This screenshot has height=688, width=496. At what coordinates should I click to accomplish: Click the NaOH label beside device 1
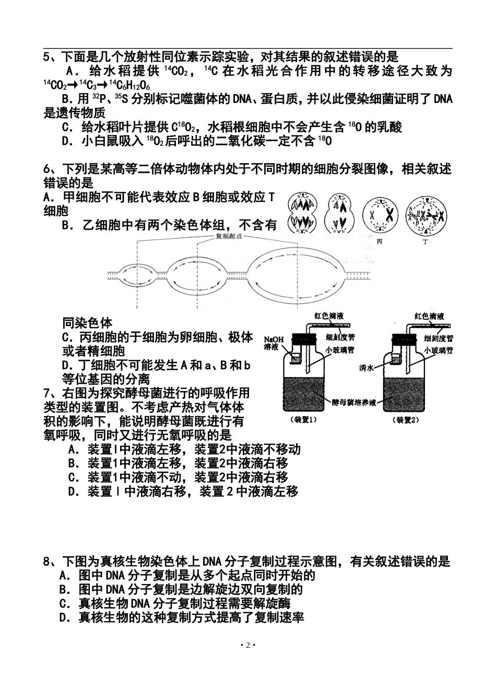[x=274, y=343]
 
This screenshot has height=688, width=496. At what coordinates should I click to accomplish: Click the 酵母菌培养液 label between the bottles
[x=354, y=402]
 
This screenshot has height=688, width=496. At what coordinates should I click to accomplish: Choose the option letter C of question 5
[x=66, y=127]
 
